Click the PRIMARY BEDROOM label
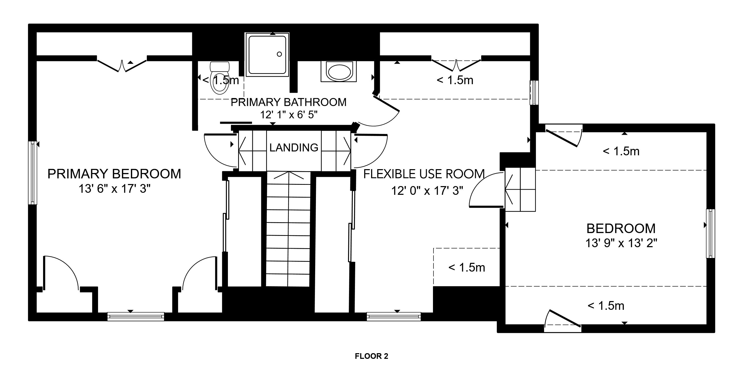[x=114, y=174]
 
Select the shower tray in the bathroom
[x=267, y=54]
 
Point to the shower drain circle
[x=279, y=54]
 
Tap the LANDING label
[x=294, y=148]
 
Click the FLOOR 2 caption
[x=372, y=356]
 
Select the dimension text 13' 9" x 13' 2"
[x=621, y=243]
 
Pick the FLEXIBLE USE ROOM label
[x=424, y=174]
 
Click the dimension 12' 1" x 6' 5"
[x=289, y=115]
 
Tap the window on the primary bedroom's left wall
[x=33, y=173]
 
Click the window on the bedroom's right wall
[x=710, y=233]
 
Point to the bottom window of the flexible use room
[x=394, y=317]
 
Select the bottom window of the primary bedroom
[x=136, y=317]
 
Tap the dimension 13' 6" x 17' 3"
[x=114, y=189]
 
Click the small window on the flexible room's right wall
[x=534, y=93]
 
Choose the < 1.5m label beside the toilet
[x=221, y=80]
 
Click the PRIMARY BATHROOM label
[x=288, y=102]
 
